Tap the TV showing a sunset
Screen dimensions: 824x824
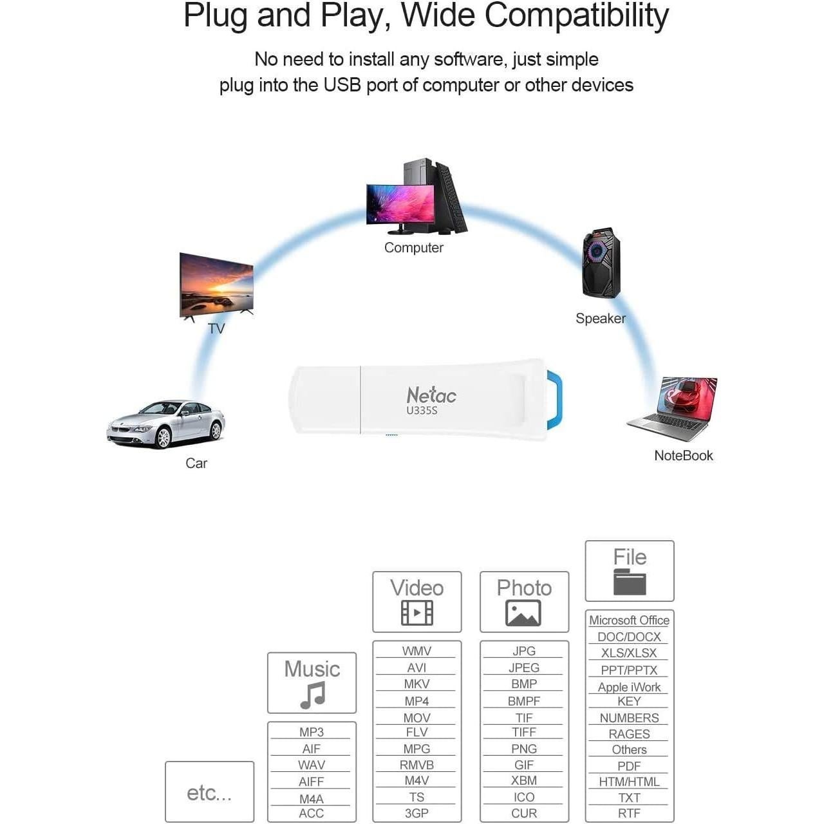pyautogui.click(x=216, y=286)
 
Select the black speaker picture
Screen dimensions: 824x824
pyautogui.click(x=601, y=263)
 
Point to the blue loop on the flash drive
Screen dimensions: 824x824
pyautogui.click(x=557, y=399)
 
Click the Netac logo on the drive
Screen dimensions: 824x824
pyautogui.click(x=431, y=395)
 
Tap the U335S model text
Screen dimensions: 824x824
pyautogui.click(x=422, y=411)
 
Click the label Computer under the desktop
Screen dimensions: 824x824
pyautogui.click(x=413, y=248)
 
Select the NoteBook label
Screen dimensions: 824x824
pyautogui.click(x=683, y=455)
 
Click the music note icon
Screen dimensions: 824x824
pyautogui.click(x=313, y=695)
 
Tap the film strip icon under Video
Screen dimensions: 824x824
pyautogui.click(x=417, y=612)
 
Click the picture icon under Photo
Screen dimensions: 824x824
pyautogui.click(x=523, y=613)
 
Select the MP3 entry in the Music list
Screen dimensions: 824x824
pyautogui.click(x=312, y=732)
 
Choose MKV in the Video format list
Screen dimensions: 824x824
pyautogui.click(x=417, y=683)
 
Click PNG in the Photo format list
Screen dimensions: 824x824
pyautogui.click(x=524, y=748)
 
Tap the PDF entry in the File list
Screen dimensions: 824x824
pyautogui.click(x=629, y=766)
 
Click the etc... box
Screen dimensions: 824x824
pyautogui.click(x=209, y=791)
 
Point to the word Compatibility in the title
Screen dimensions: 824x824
pyautogui.click(x=577, y=16)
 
